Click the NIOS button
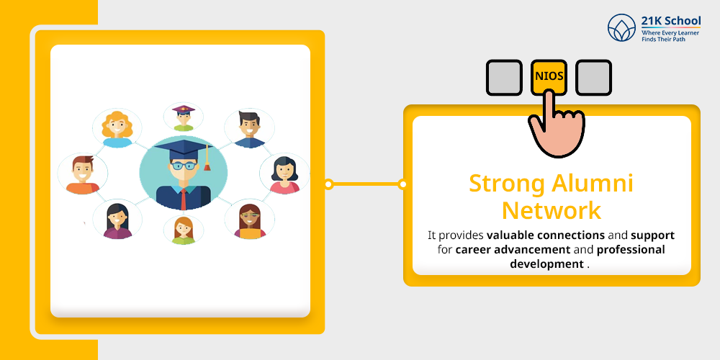(x=549, y=76)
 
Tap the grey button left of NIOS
(x=504, y=77)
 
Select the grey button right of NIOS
(x=593, y=77)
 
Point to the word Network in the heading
(x=552, y=210)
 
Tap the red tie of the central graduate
(x=184, y=197)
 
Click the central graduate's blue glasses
(x=184, y=164)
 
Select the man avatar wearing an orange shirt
(x=82, y=175)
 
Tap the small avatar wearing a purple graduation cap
(x=184, y=117)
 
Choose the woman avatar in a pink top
(x=284, y=175)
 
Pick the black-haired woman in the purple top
(x=117, y=220)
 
